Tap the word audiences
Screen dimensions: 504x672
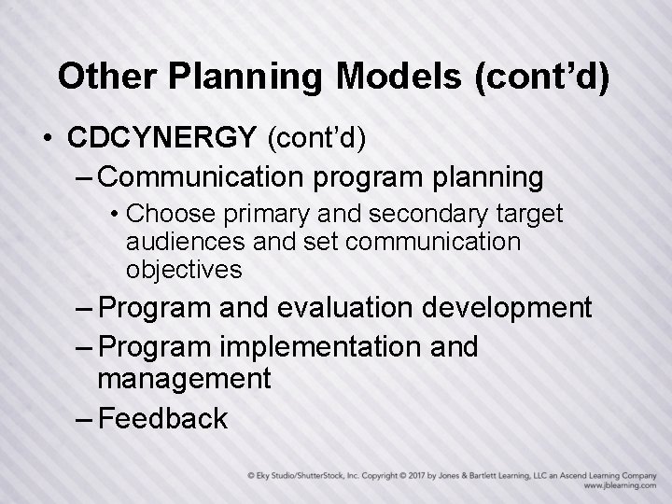pos(178,243)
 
